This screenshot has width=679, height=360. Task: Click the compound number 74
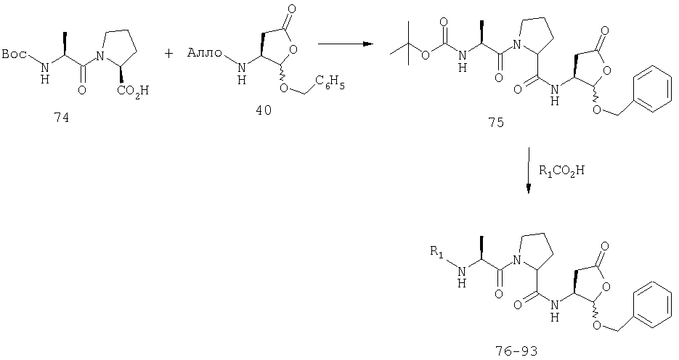coord(61,118)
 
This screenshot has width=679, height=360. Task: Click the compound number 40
coord(264,110)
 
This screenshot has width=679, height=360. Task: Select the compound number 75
coord(496,123)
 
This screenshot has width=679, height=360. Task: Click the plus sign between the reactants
coord(169,53)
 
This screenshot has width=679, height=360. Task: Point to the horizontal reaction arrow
coord(345,44)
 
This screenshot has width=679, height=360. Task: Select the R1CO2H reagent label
coord(561,171)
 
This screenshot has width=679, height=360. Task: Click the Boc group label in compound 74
coord(15,54)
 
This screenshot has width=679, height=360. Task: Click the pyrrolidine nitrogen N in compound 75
coord(516,44)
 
